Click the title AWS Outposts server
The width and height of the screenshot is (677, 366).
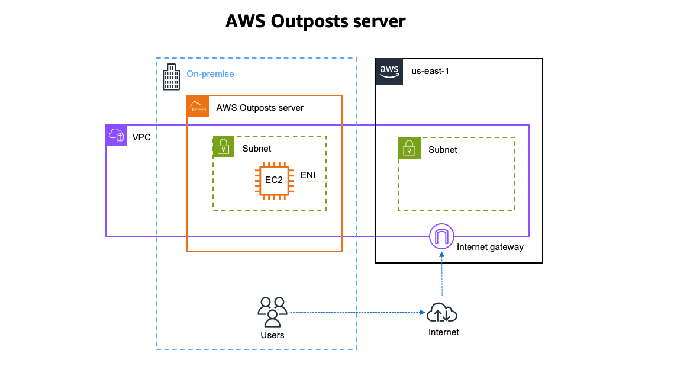315,21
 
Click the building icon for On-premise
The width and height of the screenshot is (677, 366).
172,77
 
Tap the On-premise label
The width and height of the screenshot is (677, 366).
210,74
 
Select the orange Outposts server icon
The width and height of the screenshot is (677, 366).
198,107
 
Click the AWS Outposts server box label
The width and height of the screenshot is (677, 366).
260,108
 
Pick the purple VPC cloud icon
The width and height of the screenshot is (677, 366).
117,136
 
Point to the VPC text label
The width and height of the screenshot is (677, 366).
141,137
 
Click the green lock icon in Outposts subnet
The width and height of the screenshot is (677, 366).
224,147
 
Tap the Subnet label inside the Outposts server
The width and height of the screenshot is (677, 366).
257,149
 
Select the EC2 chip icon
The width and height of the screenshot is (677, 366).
273,180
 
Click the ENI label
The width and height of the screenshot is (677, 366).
308,175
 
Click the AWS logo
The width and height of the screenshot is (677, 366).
389,72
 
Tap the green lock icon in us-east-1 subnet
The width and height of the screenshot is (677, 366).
409,148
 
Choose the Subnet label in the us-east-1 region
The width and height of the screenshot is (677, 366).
443,150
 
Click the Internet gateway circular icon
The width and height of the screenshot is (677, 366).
441,237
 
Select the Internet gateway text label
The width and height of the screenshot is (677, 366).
490,247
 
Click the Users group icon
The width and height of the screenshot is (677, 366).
272,312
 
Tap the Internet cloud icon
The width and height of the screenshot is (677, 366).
443,312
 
